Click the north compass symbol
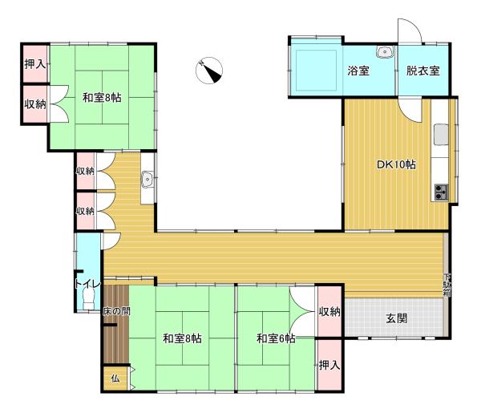209,71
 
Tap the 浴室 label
358,71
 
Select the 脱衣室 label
423,71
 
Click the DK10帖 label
396,164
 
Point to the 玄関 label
396,318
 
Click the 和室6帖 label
276,338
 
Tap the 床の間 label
116,312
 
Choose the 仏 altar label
115,379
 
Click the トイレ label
87,284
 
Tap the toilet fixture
89,299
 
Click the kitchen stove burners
441,192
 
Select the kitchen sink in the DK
441,134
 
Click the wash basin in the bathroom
384,52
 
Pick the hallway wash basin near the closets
148,179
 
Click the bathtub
316,71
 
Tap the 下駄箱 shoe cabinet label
447,285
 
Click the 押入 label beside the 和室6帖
329,365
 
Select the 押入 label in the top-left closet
35,64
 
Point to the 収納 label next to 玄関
329,312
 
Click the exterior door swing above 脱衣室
410,30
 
